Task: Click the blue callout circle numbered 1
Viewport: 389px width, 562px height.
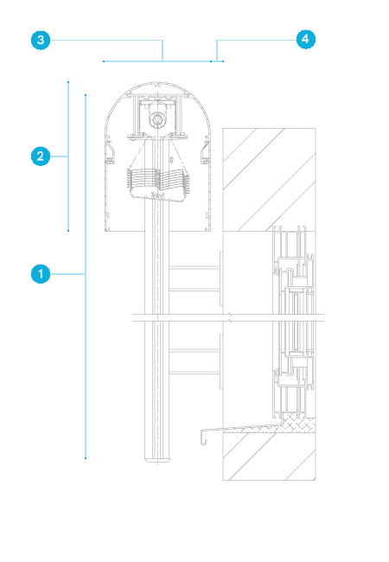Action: pos(41,274)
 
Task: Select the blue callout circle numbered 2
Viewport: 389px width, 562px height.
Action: pos(41,156)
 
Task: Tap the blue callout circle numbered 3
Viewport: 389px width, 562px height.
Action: pos(41,40)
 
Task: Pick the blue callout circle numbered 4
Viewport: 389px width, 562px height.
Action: pos(306,39)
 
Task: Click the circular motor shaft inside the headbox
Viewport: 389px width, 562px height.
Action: pos(157,119)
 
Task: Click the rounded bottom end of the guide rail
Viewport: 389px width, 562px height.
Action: pos(157,459)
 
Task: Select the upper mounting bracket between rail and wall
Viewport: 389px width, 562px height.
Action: pos(196,278)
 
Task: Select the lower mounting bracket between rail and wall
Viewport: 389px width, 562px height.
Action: pos(196,361)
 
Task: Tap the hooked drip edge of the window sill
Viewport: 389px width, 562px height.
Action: pos(203,437)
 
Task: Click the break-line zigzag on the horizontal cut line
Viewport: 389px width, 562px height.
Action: pos(230,317)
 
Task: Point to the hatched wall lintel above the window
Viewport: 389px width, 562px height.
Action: pos(270,179)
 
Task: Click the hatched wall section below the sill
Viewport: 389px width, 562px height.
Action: pos(270,456)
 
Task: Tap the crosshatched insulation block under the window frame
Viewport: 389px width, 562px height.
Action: pos(298,423)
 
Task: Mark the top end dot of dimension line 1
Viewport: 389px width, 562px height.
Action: pos(86,95)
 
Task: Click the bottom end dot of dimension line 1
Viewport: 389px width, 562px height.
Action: pos(86,458)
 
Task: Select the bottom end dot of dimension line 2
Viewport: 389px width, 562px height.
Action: pos(68,231)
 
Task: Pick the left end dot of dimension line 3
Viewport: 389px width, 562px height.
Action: pos(104,61)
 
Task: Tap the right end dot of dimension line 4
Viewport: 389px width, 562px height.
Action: pos(223,61)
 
